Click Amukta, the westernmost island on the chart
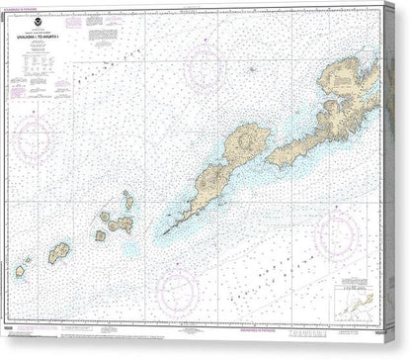click(20, 270)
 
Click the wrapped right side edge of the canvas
click(402, 178)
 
